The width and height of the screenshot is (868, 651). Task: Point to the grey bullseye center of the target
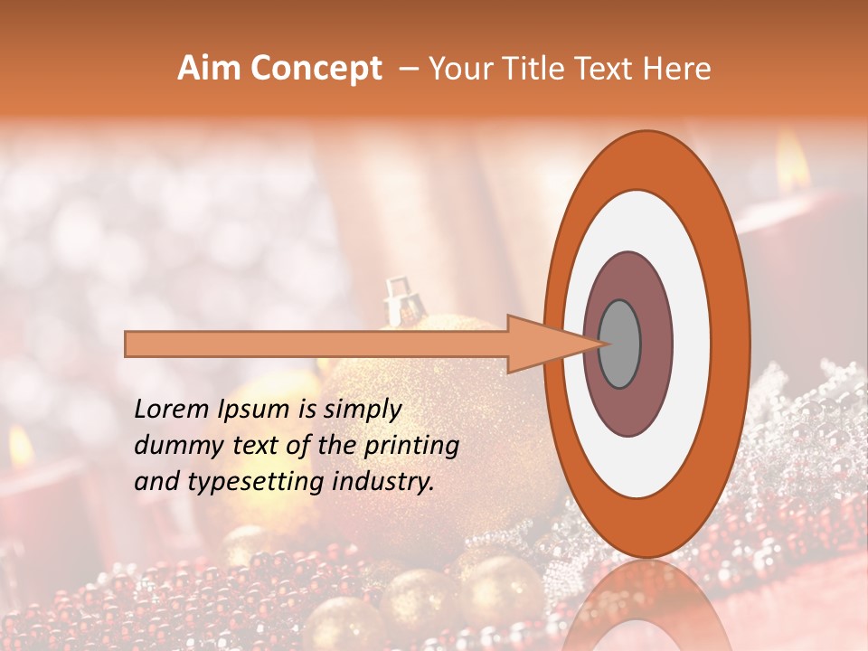pyautogui.click(x=620, y=344)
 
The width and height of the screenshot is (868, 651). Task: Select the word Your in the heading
pyautogui.click(x=458, y=69)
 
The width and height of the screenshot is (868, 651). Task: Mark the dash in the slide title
pyautogui.click(x=408, y=69)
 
